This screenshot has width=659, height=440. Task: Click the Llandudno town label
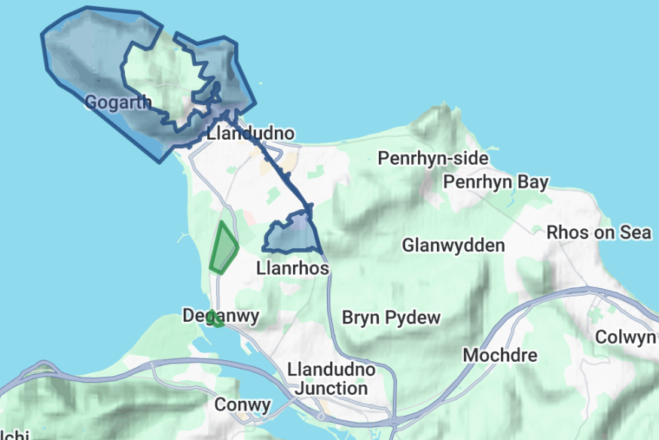coord(250,135)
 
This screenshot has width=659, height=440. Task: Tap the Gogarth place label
coord(117,102)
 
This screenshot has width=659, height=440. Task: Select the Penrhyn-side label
coord(432,159)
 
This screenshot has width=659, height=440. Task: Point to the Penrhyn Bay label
coord(496,183)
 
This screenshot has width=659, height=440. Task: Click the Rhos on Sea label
coord(599,232)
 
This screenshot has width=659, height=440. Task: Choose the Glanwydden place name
coord(453,245)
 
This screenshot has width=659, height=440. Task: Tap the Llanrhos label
coord(292,268)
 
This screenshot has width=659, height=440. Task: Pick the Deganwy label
coord(221,316)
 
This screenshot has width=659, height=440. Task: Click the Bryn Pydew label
coord(391,317)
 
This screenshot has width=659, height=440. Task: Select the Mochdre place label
coord(500,354)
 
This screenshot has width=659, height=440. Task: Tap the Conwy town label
coord(243,405)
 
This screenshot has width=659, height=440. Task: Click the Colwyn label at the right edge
coord(625,337)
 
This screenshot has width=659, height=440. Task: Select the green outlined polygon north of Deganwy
coord(223,247)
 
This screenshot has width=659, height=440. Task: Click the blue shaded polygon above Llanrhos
coord(292,235)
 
